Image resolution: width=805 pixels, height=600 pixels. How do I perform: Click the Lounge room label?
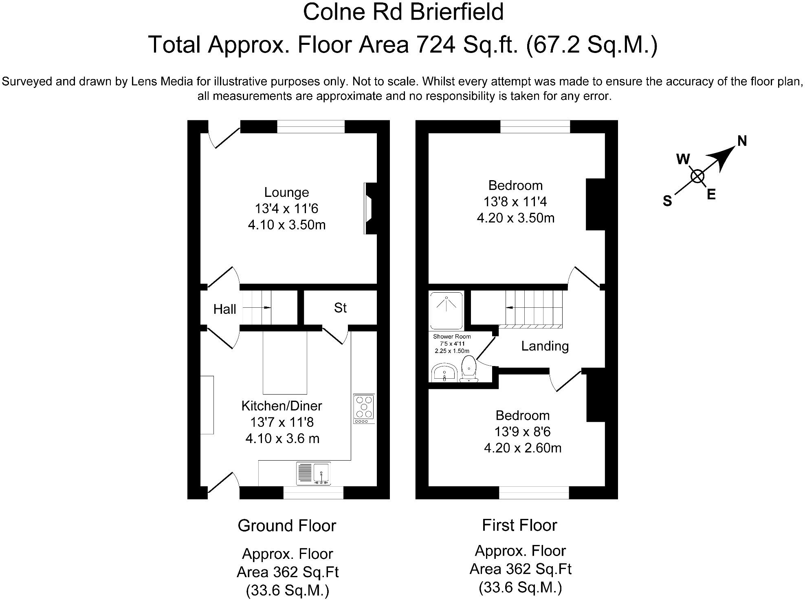coord(286,192)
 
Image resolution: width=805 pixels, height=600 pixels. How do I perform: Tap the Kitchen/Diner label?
coord(282,406)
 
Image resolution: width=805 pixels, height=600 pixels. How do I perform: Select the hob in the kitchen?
coord(364,408)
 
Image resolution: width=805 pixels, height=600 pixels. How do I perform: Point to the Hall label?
coord(224,309)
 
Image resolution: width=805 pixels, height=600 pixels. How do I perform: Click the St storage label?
coord(340,308)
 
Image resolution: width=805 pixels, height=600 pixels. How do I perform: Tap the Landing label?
coord(545,346)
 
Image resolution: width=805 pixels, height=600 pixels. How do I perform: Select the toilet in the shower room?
coord(469,369)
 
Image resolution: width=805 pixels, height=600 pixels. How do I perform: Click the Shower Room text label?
coord(452,337)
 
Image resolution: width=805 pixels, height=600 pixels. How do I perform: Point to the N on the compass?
coord(742,141)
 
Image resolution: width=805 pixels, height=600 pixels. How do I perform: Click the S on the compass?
coord(667,201)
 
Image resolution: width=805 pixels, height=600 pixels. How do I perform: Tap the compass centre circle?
coord(697,176)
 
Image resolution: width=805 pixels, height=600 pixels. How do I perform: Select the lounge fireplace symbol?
coord(370,208)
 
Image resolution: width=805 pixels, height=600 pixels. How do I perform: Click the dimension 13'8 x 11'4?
coord(515,202)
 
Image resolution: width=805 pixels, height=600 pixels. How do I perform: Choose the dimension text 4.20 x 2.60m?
coord(523,448)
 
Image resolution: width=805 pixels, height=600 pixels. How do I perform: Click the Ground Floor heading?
coord(287,526)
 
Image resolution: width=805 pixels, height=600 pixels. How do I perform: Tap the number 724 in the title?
coord(435,44)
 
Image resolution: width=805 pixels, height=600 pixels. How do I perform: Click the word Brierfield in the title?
coord(457,12)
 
